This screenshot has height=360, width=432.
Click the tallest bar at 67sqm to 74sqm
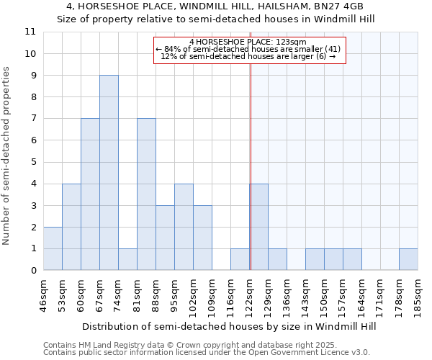tap(109, 173)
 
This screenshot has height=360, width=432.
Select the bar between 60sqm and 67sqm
tap(90, 194)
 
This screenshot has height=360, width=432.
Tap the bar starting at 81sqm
tap(146, 194)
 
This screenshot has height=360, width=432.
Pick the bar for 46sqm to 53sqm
tap(53, 248)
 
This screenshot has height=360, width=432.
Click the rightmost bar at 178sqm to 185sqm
tap(408, 259)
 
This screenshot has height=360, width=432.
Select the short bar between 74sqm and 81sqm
tap(127, 259)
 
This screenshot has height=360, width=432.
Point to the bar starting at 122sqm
tap(258, 227)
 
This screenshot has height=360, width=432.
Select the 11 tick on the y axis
tap(30, 32)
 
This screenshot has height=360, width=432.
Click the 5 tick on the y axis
tap(32, 162)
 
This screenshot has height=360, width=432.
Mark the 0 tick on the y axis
tap(32, 271)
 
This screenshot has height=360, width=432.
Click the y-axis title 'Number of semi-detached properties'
tap(7, 156)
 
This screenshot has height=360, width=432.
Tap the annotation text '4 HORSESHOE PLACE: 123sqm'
tap(248, 42)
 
